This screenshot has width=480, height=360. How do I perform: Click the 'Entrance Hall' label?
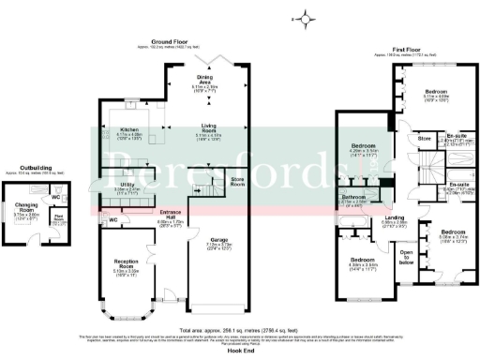pos(170,214)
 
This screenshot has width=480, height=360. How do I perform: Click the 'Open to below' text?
pos(406,256)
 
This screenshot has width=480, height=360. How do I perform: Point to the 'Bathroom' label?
pos(352,197)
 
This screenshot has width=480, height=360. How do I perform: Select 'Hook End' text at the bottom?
pos(237,349)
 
